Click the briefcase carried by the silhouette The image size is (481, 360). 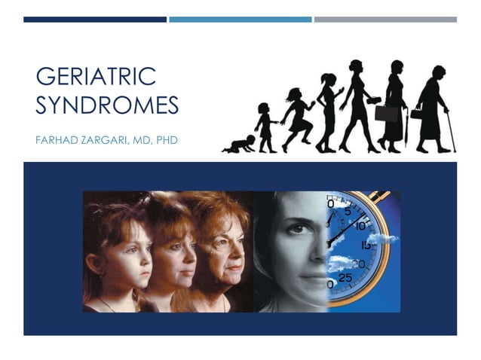(x=386, y=114)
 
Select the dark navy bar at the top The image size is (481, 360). (x=95, y=20)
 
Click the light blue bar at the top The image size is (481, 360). (x=240, y=20)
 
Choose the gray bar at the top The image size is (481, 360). (x=384, y=20)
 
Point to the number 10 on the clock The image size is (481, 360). (x=360, y=226)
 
